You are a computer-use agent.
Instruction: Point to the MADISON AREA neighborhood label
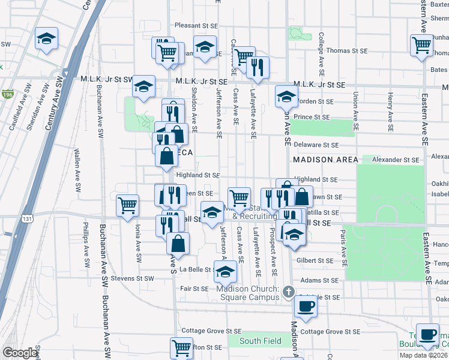coord(325,160)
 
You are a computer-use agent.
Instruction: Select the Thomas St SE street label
coord(346,51)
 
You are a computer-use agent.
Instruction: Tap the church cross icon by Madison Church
coord(288,292)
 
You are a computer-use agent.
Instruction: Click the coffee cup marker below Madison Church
coord(306,306)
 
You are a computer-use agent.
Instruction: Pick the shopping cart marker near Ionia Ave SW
coord(127,205)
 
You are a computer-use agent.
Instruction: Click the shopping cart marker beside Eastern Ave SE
coord(422,44)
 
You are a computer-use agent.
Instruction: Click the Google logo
coord(20,353)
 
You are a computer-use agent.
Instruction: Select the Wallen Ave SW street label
coord(77,170)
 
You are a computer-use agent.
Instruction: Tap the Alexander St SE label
coord(395,160)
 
